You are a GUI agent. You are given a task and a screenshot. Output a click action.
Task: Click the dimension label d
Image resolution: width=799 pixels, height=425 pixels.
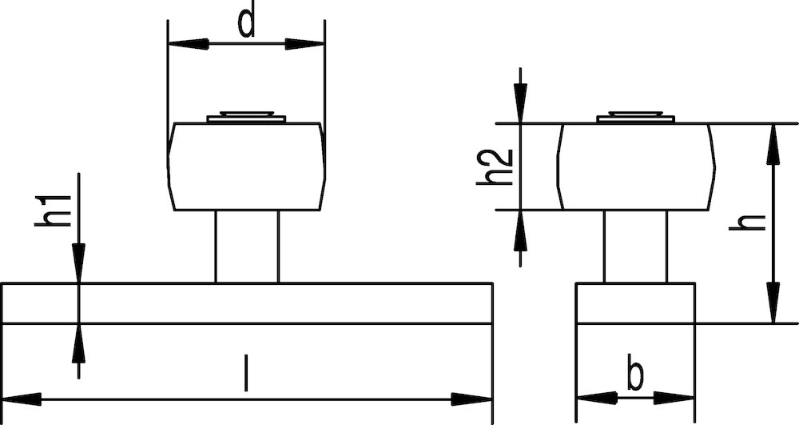coord(247,24)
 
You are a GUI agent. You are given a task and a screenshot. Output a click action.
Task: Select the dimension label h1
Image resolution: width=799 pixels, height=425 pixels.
coord(53,211)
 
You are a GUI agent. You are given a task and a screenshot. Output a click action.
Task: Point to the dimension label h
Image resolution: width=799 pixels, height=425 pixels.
coord(748,223)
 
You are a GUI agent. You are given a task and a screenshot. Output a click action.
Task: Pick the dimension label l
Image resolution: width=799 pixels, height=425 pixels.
coord(246,374)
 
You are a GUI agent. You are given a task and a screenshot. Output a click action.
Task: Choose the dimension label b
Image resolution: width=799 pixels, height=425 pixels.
coord(635,375)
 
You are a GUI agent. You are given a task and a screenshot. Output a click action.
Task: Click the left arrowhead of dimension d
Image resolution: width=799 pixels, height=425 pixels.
coord(188,44)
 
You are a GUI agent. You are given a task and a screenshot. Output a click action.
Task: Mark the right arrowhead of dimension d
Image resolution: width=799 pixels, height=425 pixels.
coord(304,44)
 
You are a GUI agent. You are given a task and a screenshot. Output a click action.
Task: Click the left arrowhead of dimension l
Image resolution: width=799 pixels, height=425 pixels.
coord(22,399)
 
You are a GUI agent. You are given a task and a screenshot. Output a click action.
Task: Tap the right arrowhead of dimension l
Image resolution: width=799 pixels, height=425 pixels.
coord(471,399)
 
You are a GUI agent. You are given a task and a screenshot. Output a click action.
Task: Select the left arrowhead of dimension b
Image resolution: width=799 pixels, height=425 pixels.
coord(597,398)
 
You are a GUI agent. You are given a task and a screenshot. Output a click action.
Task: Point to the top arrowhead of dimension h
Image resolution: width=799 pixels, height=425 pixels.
coord(773,144)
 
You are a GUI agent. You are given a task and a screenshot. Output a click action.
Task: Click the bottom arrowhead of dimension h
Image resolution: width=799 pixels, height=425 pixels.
coord(773,303)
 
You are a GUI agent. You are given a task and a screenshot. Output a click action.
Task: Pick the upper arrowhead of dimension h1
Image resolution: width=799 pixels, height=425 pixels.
coord(78,263)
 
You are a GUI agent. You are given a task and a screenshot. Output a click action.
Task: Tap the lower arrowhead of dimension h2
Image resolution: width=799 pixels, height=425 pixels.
coord(520,230)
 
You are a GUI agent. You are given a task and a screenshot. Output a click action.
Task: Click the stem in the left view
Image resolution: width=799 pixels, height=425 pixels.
coord(247,247)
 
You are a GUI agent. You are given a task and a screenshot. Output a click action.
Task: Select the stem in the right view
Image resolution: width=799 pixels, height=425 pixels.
coord(635,247)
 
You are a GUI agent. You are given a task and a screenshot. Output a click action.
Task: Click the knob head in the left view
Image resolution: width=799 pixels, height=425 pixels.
coord(247,166)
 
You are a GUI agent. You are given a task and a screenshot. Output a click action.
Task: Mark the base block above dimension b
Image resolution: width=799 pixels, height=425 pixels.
coord(635,303)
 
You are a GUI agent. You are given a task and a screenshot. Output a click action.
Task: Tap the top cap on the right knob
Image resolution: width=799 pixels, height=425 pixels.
coord(635,117)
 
